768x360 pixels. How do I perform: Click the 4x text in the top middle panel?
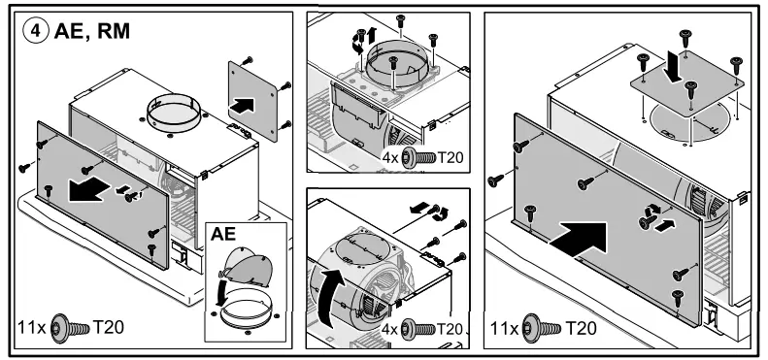click(388, 155)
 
